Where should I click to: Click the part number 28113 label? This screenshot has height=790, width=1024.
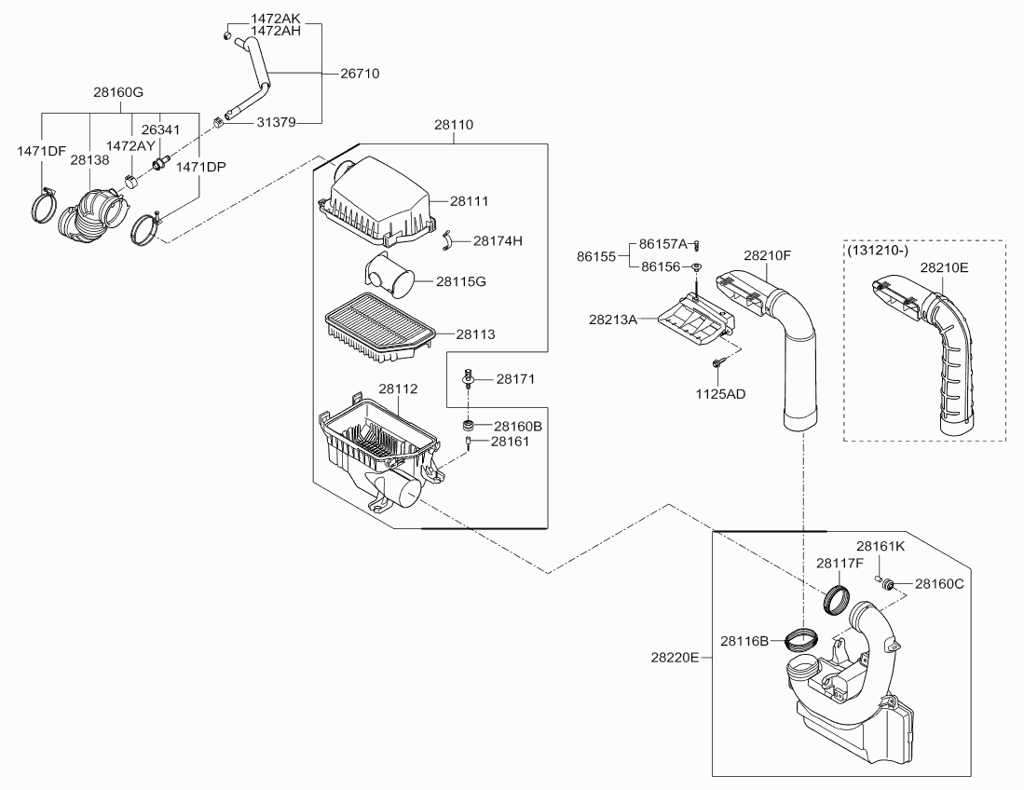[x=475, y=334]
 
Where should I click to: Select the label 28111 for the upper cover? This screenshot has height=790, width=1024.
[x=470, y=200]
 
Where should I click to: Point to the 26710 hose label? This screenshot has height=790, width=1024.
[x=359, y=73]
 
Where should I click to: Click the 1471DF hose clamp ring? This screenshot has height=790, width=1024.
[x=43, y=207]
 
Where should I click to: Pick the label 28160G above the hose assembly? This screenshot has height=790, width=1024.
[x=118, y=92]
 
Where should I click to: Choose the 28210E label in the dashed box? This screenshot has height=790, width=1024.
[x=945, y=267]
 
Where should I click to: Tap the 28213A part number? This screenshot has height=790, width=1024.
[x=612, y=320]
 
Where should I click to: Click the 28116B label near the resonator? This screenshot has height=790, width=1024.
[x=744, y=640]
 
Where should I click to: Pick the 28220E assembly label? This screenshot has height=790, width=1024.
[x=675, y=657]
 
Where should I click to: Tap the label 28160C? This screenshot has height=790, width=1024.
[x=938, y=584]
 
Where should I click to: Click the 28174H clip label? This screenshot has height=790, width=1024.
[x=498, y=240]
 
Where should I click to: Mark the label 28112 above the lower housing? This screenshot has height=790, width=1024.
[x=398, y=388]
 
